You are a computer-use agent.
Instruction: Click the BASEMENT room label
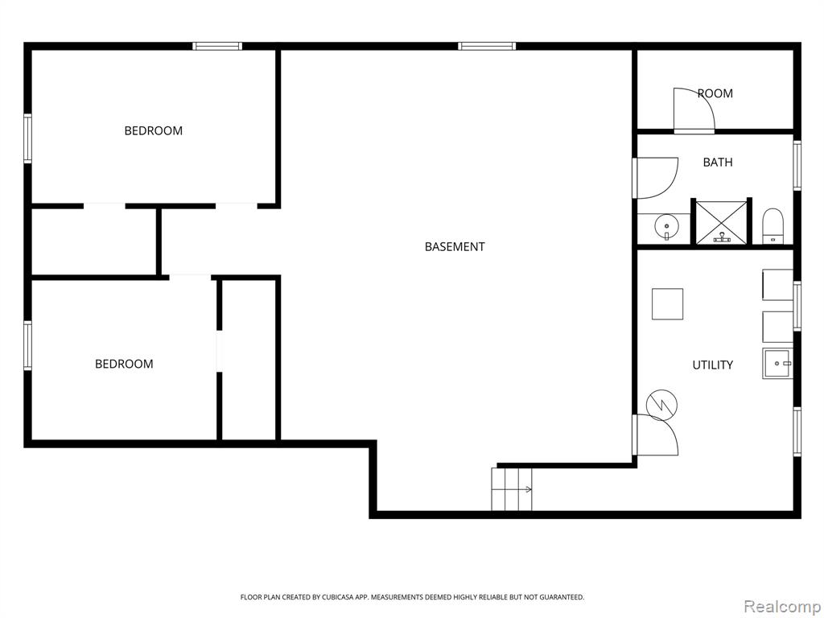coord(455,246)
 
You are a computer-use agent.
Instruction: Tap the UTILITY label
coord(713,365)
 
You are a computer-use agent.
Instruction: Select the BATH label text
coord(718,163)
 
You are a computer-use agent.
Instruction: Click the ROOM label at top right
coord(715,93)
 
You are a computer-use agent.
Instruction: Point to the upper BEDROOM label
coord(154,131)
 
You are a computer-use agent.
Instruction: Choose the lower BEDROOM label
coord(124,364)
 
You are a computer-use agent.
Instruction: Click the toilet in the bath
coord(772,226)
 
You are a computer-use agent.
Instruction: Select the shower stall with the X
coord(722,222)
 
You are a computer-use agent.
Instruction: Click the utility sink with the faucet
coord(777,363)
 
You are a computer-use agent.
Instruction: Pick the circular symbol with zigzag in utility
coord(662,405)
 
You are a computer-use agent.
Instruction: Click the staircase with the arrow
coord(512,488)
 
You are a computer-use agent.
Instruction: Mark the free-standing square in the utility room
coord(667,303)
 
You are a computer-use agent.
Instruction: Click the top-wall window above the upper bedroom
coord(217,46)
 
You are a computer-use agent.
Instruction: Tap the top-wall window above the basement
coord(487,46)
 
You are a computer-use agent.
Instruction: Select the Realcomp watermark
coord(782,607)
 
